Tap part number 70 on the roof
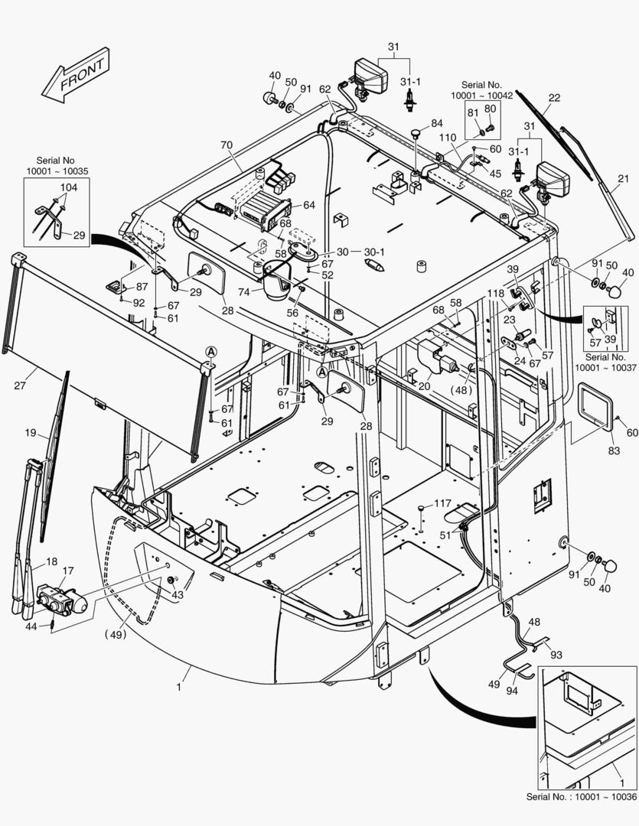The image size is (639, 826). click(226, 145)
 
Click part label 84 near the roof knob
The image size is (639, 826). click(436, 123)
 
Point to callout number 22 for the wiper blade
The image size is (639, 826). click(554, 98)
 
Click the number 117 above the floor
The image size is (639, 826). click(443, 503)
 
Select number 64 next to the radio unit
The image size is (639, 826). click(308, 205)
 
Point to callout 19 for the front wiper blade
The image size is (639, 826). click(31, 433)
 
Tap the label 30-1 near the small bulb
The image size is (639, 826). click(374, 252)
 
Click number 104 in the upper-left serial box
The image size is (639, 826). click(68, 187)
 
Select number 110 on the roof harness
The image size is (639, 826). click(448, 138)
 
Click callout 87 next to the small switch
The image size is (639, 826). click(142, 286)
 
